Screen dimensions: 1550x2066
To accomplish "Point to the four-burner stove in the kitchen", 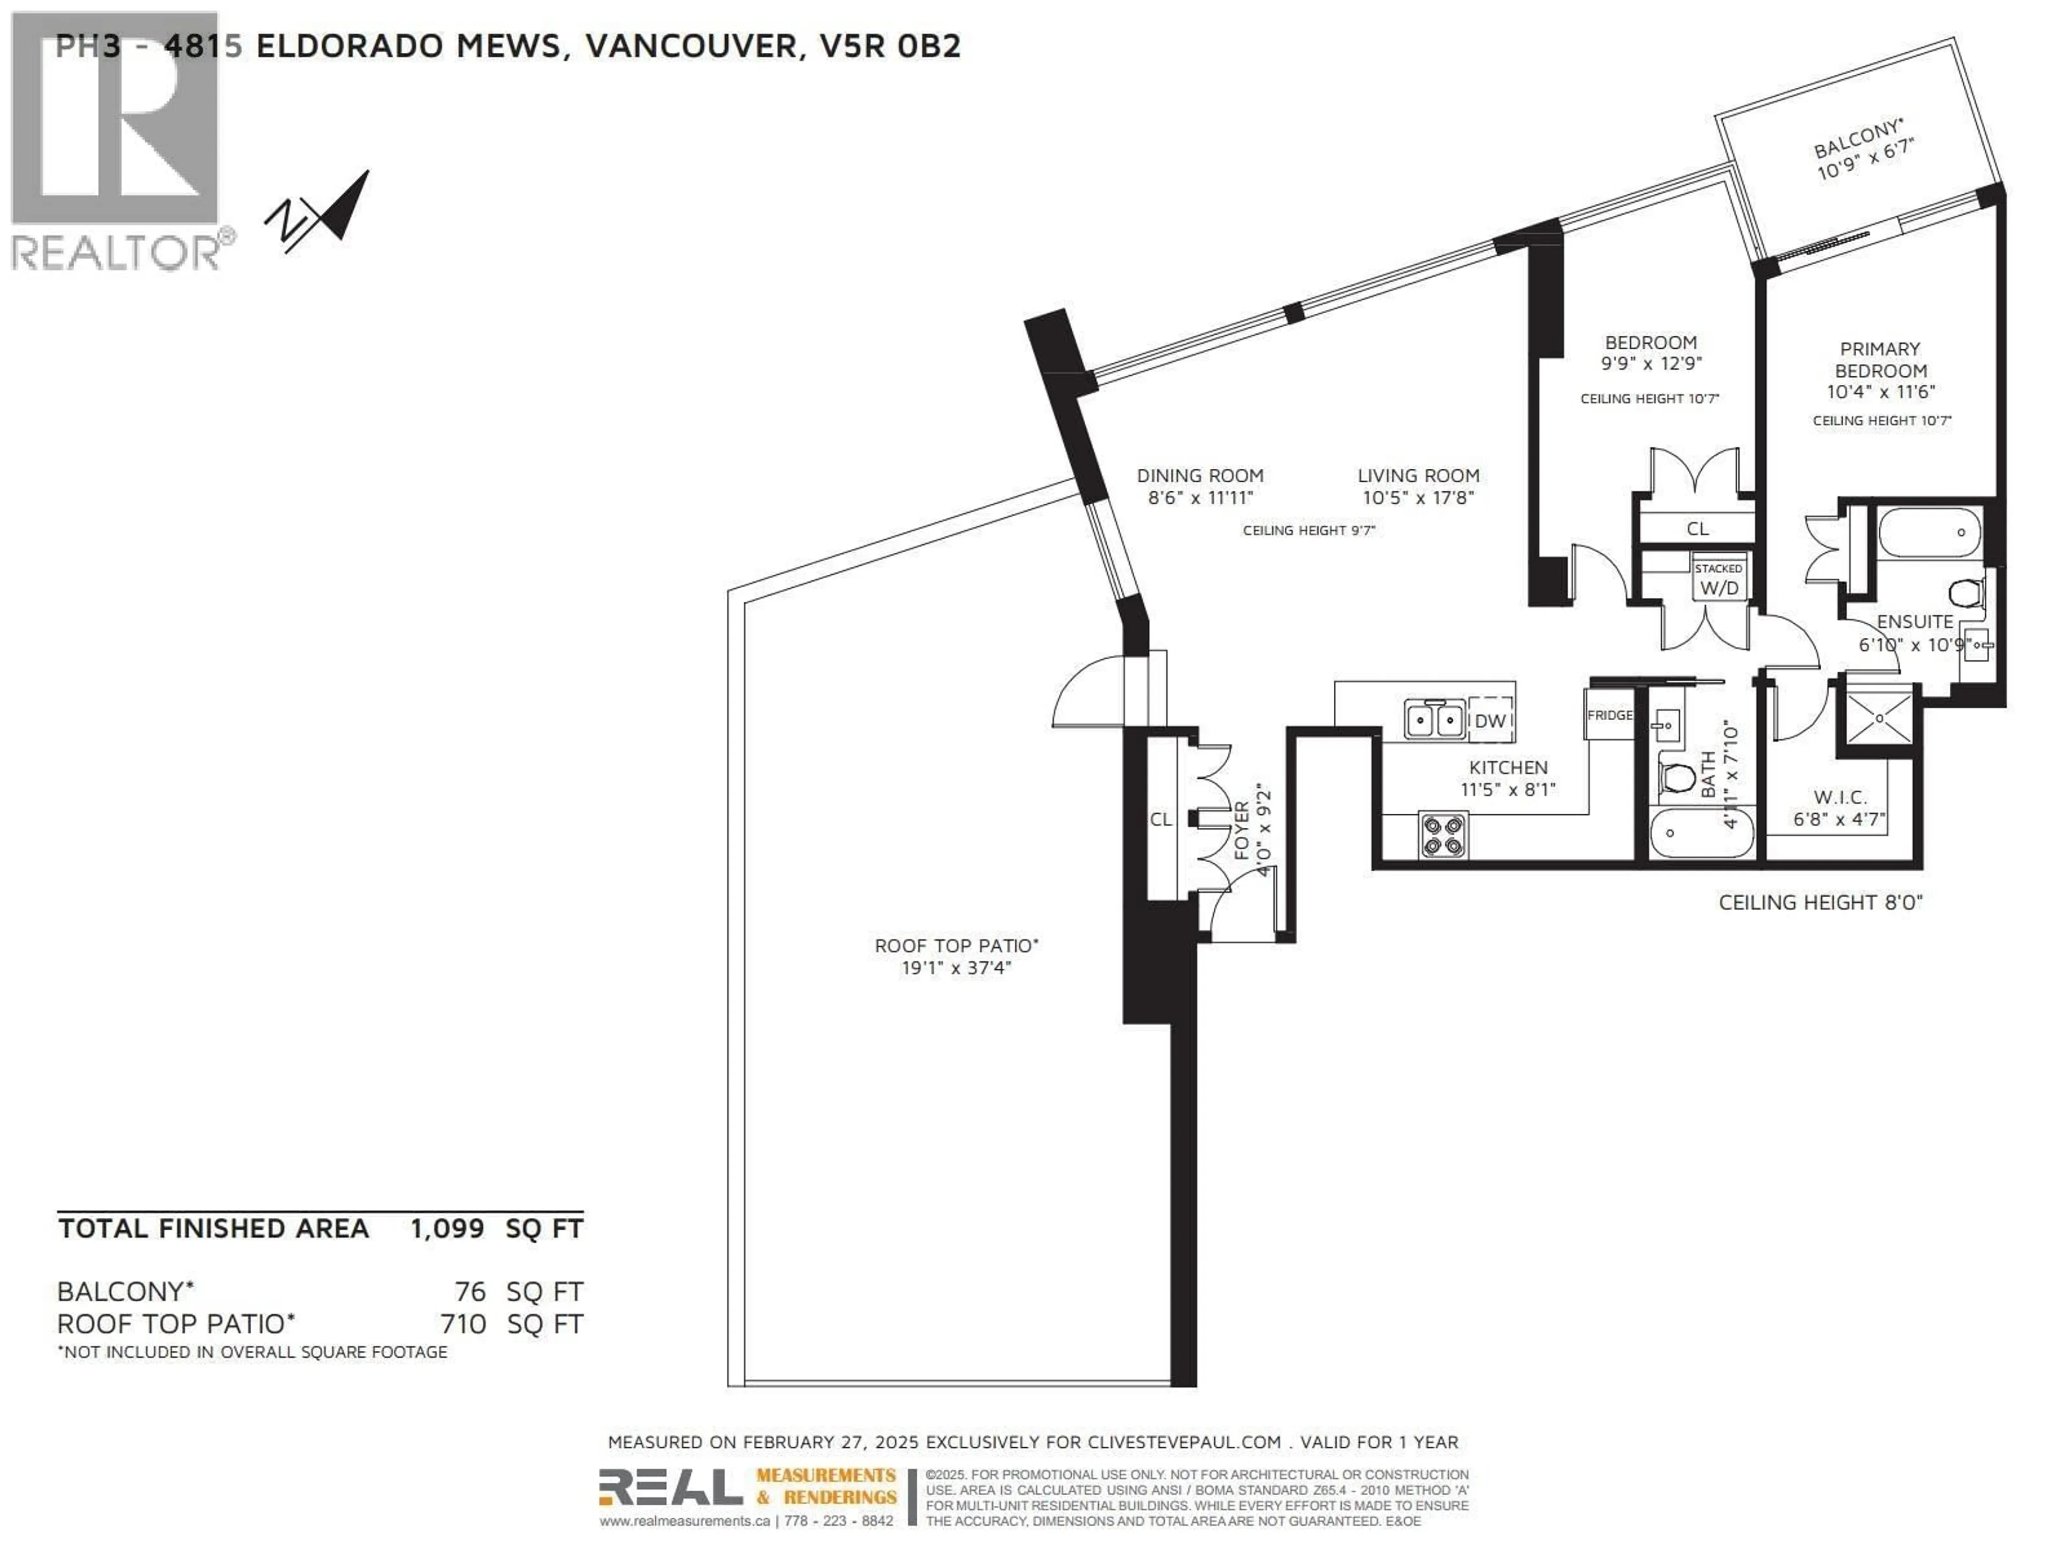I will click(1443, 834).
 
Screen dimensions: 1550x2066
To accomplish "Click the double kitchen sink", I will click(1434, 720).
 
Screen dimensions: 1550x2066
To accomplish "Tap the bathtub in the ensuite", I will click(1929, 532).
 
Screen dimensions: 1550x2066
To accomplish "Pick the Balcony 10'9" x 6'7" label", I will click(1863, 150).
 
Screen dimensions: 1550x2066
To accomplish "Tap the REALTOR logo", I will click(117, 140).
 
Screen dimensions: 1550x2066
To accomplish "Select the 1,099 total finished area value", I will click(447, 1229).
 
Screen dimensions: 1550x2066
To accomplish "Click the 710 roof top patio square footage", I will click(463, 1324).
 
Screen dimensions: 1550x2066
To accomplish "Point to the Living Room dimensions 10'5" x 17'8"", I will click(1418, 498).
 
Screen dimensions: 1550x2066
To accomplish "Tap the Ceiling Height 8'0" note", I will click(1820, 903).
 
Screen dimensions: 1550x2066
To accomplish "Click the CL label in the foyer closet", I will click(1160, 819).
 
